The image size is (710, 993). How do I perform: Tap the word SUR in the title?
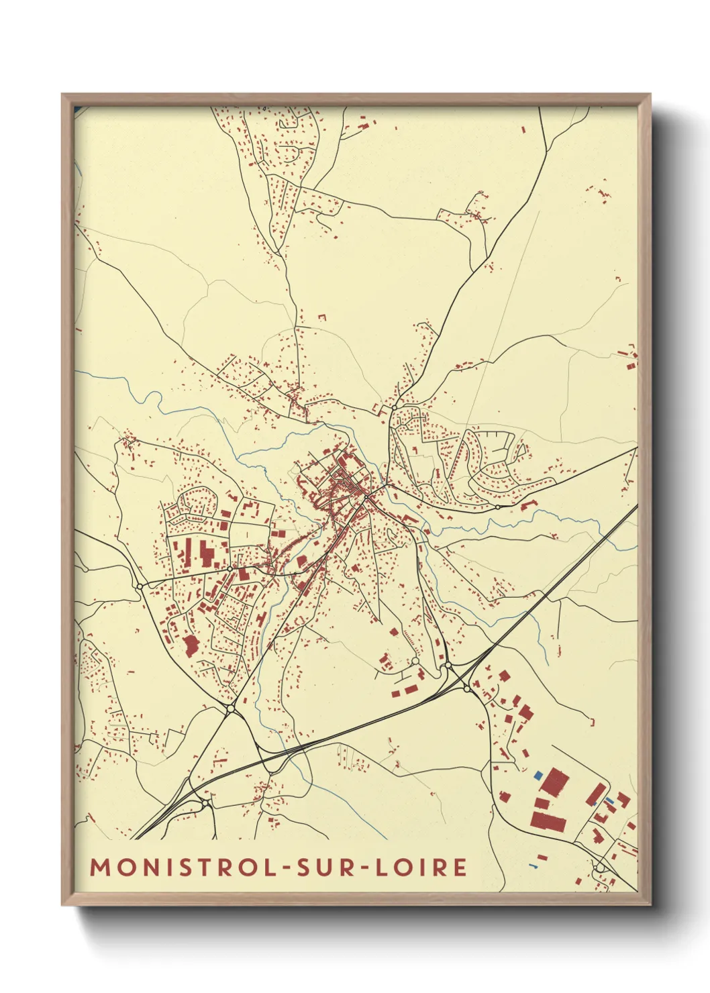322,867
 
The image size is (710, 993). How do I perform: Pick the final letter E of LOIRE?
460,867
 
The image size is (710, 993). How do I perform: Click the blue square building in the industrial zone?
538,775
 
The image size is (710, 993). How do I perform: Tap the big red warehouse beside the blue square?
555,783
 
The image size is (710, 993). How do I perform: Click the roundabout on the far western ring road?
140,586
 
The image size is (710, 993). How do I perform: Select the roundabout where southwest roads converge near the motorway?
230,708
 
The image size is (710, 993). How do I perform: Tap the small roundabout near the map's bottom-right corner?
599,868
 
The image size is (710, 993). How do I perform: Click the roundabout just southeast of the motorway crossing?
466,688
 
